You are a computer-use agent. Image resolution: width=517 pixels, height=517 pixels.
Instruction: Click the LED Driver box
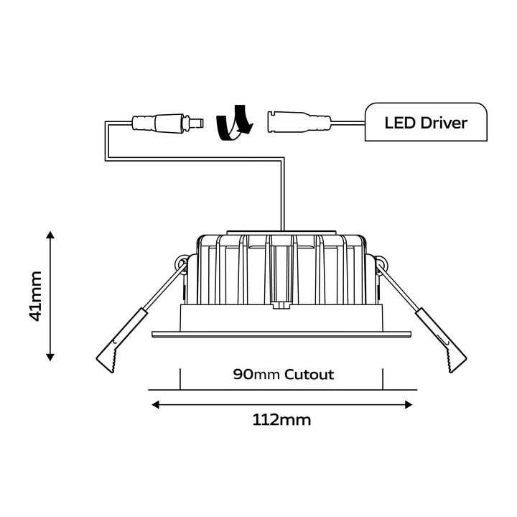pyautogui.click(x=426, y=122)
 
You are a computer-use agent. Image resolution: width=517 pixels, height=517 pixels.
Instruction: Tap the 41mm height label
pyautogui.click(x=36, y=295)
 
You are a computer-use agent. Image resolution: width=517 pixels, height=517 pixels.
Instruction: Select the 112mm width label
pyautogui.click(x=281, y=420)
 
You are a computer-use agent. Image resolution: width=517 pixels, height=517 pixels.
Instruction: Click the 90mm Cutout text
pyautogui.click(x=283, y=374)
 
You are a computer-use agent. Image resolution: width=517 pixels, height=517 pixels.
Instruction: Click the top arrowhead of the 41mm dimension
pyautogui.click(x=50, y=236)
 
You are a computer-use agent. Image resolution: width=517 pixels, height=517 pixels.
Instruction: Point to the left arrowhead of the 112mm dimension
pyautogui.click(x=155, y=404)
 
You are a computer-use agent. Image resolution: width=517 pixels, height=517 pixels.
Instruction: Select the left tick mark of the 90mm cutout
pyautogui.click(x=180, y=378)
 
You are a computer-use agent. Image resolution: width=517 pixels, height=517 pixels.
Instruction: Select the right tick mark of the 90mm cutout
pyautogui.click(x=383, y=378)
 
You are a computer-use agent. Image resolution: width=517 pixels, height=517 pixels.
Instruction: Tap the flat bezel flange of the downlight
pyautogui.click(x=281, y=333)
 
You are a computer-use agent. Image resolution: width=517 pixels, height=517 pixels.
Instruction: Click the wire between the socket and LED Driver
pyautogui.click(x=348, y=126)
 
